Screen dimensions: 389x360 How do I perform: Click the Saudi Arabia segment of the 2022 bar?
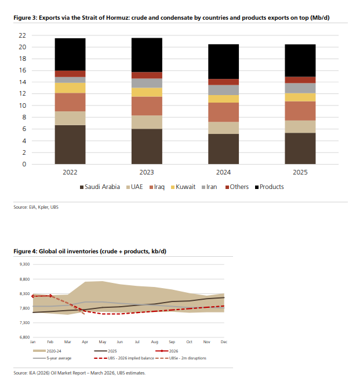[x=70, y=144]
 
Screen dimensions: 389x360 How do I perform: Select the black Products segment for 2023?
[x=147, y=54]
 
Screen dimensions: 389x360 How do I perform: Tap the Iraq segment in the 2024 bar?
[x=223, y=112]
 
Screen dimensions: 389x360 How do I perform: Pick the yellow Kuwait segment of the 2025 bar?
[x=300, y=97]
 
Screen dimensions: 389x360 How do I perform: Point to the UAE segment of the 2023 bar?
[x=147, y=122]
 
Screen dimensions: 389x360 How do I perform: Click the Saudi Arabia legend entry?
[x=99, y=187]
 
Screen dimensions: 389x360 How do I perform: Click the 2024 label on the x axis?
[x=223, y=173]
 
